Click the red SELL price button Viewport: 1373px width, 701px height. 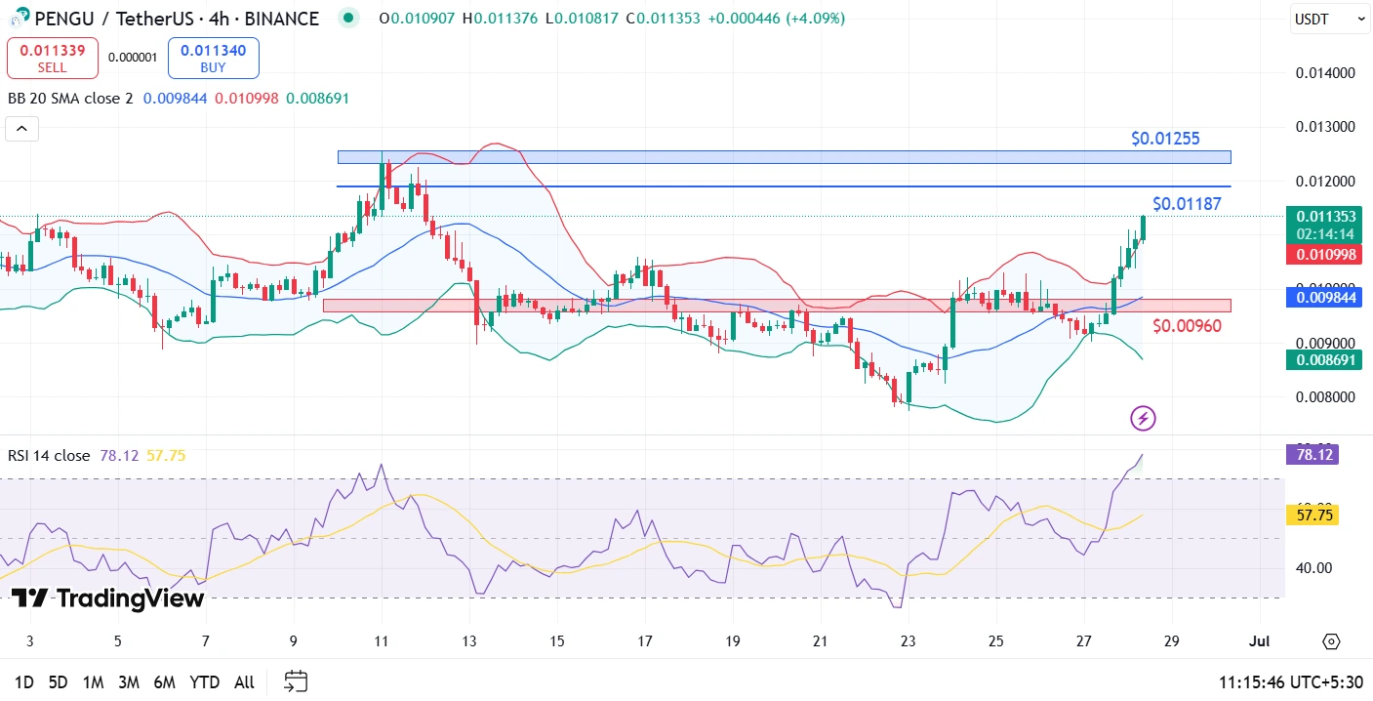[53, 58]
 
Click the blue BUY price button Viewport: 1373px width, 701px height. [213, 58]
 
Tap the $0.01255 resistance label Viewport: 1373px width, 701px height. [1165, 139]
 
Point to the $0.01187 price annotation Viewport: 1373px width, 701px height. [1187, 204]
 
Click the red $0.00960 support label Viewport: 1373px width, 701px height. [1187, 325]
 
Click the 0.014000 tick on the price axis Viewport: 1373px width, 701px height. [1324, 73]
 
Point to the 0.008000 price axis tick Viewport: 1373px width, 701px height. [1324, 397]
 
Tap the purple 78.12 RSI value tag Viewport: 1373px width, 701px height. [1312, 454]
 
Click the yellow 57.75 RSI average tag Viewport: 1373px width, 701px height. [1312, 515]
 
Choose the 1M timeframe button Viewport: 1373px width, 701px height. [93, 681]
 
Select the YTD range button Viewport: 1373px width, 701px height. [204, 681]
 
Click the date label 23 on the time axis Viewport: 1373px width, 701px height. [909, 641]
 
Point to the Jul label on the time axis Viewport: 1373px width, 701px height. [1260, 641]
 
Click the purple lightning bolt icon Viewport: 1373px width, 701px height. [1143, 419]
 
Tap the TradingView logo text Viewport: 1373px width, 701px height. [108, 598]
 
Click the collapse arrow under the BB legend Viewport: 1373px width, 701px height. [21, 129]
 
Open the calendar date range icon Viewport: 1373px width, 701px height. [296, 681]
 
